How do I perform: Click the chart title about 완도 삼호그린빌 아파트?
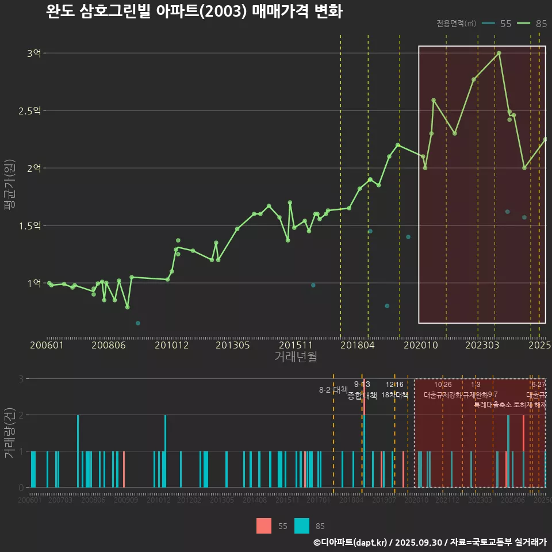coord(194,11)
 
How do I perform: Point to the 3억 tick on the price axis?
coord(34,53)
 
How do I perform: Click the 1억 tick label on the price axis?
coord(34,283)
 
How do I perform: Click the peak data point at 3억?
coord(499,53)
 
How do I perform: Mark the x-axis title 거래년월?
coord(296,357)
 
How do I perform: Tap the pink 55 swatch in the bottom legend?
coord(264,526)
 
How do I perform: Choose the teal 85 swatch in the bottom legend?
coord(302,526)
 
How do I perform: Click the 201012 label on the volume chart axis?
coord(159,501)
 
